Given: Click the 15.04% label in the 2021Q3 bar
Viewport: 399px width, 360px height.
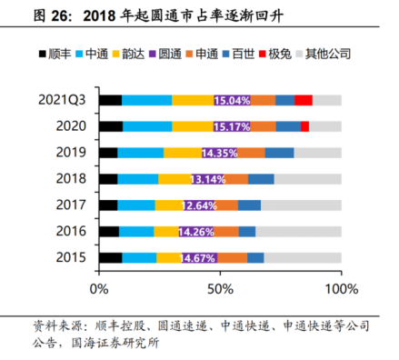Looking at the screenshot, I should coord(232,100).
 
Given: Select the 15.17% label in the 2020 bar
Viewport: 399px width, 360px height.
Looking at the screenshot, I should coord(232,126).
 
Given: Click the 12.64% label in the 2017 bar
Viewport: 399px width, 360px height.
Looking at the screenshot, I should coord(199,205).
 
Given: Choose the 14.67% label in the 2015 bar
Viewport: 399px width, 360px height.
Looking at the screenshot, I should coord(199,258).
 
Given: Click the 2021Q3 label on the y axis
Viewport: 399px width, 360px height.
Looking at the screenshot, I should coord(63,100).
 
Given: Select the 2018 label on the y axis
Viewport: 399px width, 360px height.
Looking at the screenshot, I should coord(71,179).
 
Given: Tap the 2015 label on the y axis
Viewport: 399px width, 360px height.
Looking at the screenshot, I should coord(71,258).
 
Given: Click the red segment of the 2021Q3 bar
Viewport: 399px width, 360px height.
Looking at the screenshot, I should coord(304,100).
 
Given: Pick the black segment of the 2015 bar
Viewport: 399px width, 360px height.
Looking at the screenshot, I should coord(110,258).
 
